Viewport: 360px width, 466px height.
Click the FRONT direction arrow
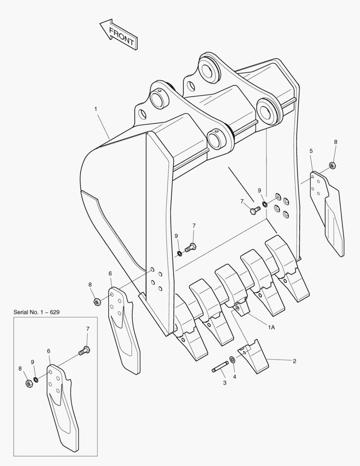click(119, 34)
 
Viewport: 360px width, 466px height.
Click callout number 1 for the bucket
click(96, 109)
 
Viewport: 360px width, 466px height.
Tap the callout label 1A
click(272, 327)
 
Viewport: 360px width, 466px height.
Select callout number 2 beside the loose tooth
click(294, 361)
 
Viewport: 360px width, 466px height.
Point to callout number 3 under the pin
click(225, 383)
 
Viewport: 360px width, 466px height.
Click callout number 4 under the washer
click(235, 377)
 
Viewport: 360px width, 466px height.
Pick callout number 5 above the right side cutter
click(311, 151)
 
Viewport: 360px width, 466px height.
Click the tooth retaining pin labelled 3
click(220, 366)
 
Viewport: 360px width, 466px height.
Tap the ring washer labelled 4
click(232, 359)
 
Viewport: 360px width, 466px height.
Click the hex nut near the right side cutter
click(332, 165)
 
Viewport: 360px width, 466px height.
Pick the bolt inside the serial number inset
click(85, 350)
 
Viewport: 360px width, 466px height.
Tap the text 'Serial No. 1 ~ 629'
click(37, 312)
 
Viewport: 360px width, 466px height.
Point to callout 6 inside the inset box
click(49, 351)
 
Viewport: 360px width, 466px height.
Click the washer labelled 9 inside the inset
click(36, 380)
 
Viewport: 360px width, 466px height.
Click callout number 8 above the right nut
click(336, 142)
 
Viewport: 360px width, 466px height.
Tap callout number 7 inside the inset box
click(88, 329)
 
